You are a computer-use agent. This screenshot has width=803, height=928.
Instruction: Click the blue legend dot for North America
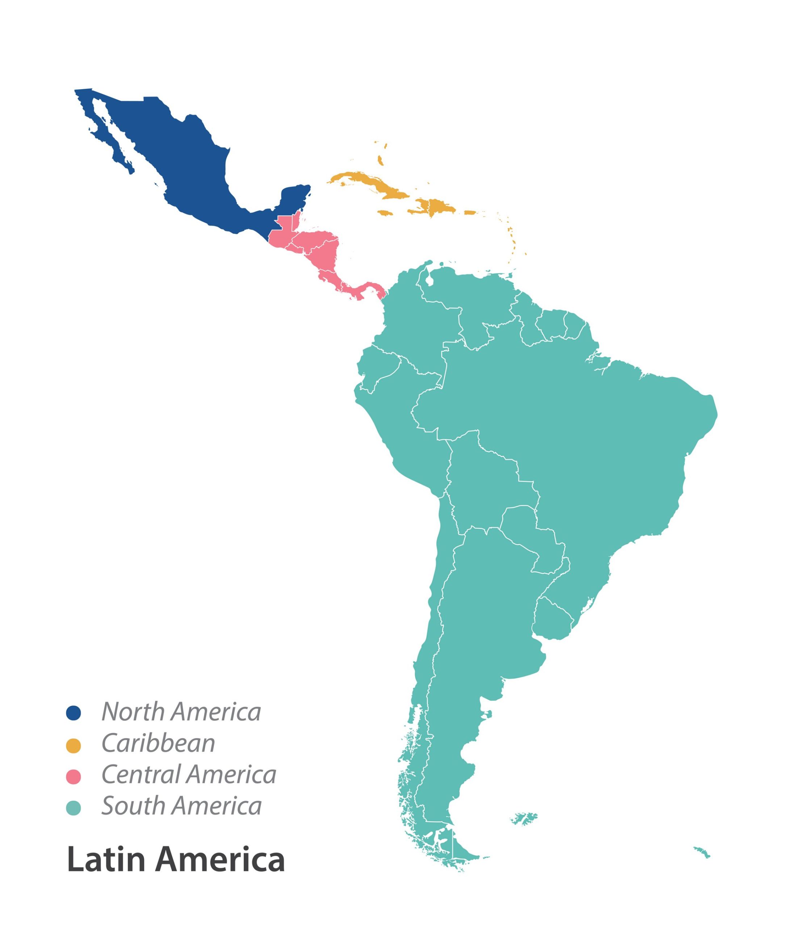73,713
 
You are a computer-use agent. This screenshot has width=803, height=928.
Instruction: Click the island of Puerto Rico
470,212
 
